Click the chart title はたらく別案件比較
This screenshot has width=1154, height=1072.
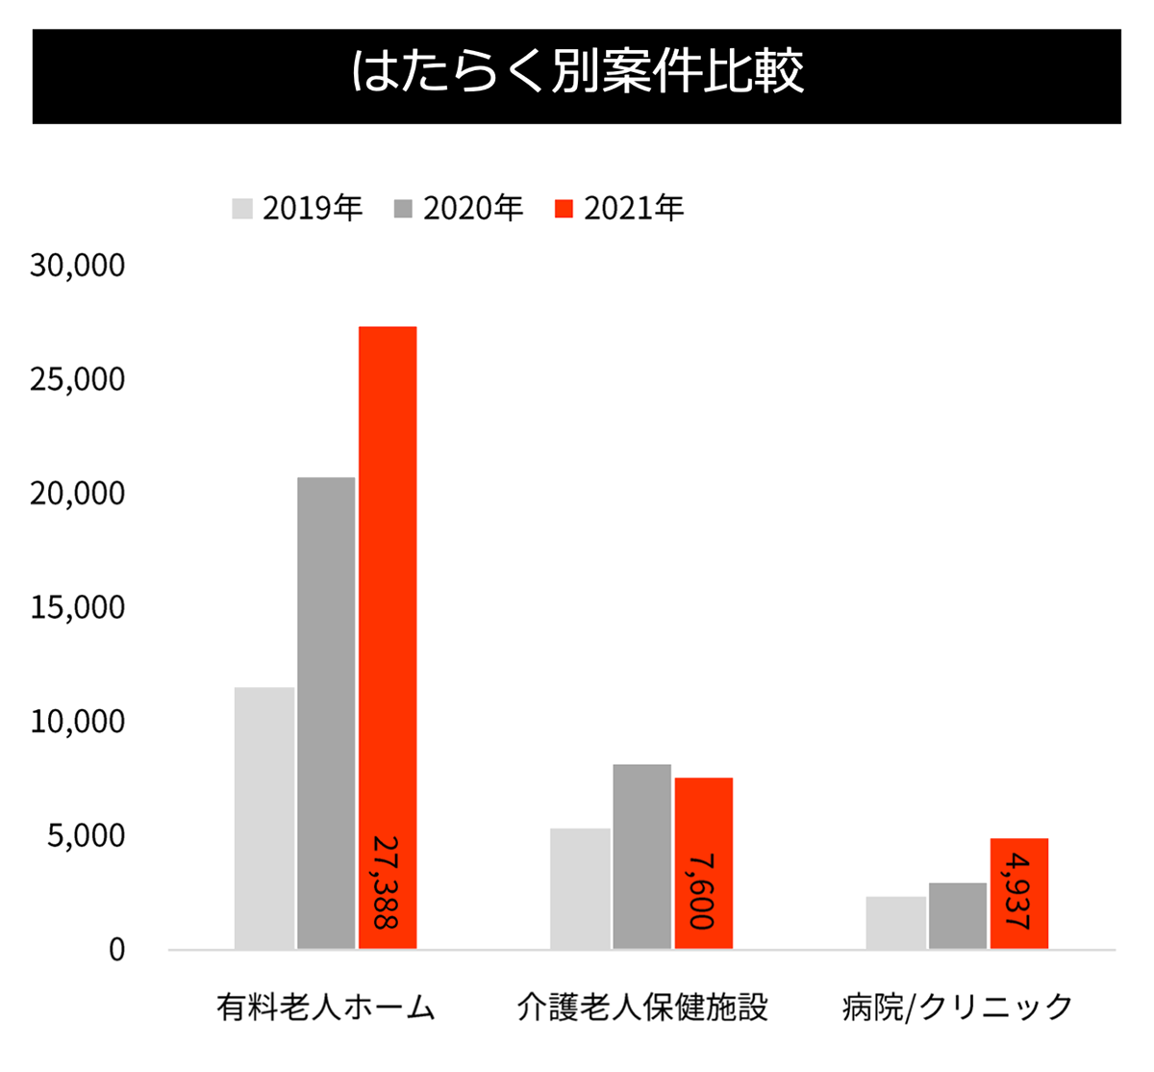click(x=577, y=73)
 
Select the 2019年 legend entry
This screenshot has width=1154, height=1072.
click(x=298, y=208)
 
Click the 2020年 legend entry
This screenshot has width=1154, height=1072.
click(x=459, y=208)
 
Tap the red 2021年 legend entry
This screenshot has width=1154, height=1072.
click(x=619, y=208)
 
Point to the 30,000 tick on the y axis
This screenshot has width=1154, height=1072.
click(x=77, y=265)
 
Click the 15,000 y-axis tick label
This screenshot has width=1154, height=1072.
click(x=77, y=607)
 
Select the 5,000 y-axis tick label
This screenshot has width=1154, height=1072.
click(x=86, y=836)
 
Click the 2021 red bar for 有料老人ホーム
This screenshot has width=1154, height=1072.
click(x=388, y=577)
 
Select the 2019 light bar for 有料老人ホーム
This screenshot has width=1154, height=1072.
click(x=264, y=818)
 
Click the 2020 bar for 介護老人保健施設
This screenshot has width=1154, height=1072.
click(x=641, y=856)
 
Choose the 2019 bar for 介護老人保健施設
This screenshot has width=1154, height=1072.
click(x=580, y=888)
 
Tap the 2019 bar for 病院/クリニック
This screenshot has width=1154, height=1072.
click(x=895, y=923)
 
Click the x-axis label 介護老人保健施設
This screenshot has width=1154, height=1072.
click(x=642, y=1007)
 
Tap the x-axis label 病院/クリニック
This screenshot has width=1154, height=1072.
click(x=957, y=1007)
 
